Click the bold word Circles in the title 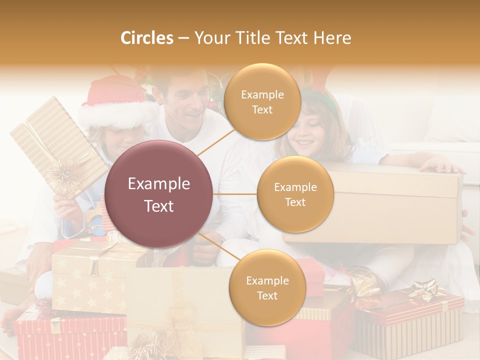point(147,38)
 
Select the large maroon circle point(159,194)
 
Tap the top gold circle point(262,101)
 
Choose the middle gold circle point(295,194)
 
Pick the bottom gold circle point(267,287)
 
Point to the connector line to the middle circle point(235,194)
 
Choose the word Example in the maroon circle point(159,184)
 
